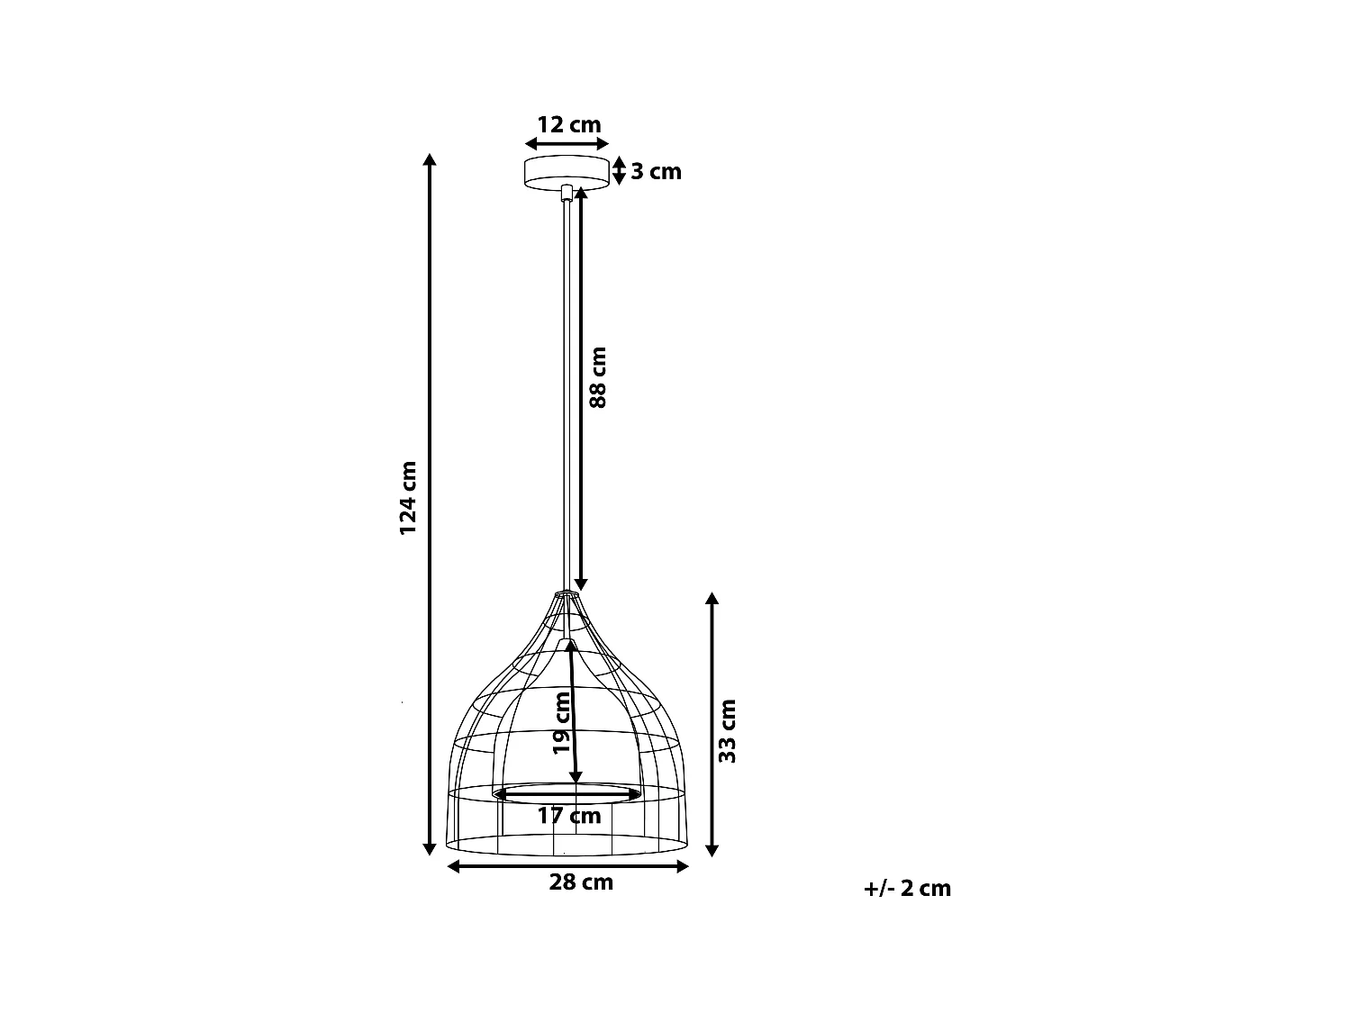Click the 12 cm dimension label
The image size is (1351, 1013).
[x=568, y=125]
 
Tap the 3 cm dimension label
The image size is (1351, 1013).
[x=656, y=172]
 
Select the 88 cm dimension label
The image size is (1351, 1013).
[x=598, y=377]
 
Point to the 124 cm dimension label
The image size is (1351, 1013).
[x=408, y=498]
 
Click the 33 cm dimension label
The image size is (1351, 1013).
[x=728, y=731]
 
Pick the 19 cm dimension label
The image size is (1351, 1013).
[x=561, y=723]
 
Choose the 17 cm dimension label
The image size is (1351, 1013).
[x=569, y=816]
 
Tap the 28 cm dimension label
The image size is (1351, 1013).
[x=581, y=882]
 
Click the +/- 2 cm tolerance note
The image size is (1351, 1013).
[x=907, y=888]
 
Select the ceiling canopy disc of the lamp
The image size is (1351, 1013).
[x=567, y=172]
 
